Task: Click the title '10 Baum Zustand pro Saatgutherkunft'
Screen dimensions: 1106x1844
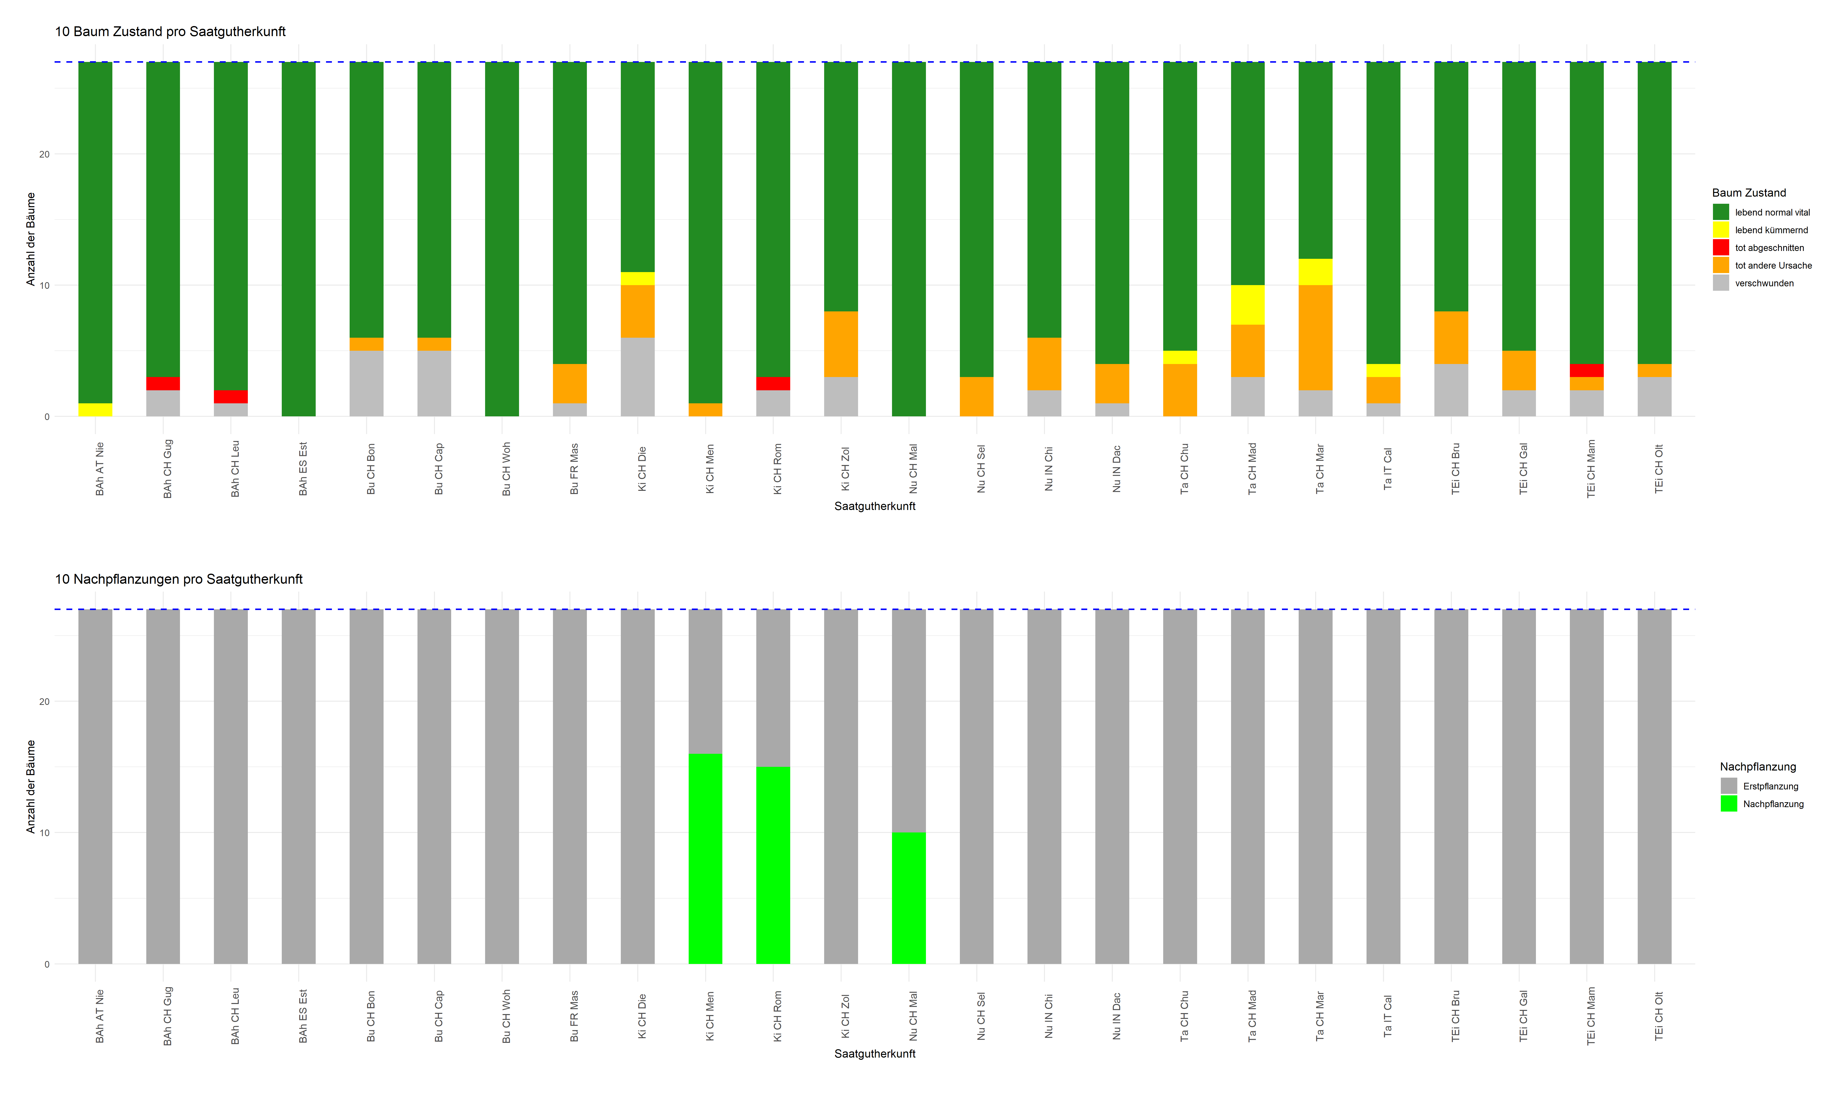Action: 170,31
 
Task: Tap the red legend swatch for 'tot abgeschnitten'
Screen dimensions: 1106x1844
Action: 1720,247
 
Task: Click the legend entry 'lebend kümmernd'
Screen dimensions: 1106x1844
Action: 1771,230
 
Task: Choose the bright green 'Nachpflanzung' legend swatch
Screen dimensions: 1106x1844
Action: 1728,803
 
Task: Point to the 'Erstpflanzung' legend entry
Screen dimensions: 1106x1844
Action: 1770,786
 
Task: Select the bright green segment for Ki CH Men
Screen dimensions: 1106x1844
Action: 705,859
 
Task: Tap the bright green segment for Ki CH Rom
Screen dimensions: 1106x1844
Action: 773,865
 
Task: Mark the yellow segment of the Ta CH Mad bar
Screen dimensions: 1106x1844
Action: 1248,305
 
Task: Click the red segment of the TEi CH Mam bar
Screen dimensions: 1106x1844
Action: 1586,370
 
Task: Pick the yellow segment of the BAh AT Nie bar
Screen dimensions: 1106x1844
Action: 95,410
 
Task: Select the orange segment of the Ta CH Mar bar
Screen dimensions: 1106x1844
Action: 1316,338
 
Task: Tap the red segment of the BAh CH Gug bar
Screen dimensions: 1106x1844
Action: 163,384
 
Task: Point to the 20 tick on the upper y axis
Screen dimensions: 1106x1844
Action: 45,154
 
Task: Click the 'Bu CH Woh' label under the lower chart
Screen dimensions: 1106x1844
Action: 506,1016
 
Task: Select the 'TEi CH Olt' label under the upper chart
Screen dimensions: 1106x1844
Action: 1658,469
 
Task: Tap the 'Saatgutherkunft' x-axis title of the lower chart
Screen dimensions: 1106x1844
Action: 874,1054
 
